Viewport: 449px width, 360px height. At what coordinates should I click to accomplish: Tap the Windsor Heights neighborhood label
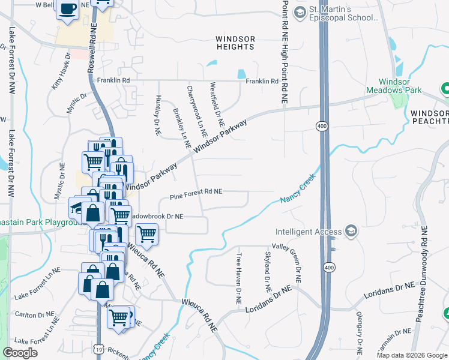(x=235, y=43)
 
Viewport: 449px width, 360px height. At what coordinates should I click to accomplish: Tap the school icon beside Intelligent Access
(x=351, y=232)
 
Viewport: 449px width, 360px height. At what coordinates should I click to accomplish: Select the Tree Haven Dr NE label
(x=239, y=278)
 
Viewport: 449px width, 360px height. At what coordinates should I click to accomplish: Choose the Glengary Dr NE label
(x=360, y=336)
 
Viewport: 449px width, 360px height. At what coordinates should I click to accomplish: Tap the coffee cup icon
(x=68, y=10)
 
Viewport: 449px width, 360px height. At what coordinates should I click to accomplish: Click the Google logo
(x=20, y=353)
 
